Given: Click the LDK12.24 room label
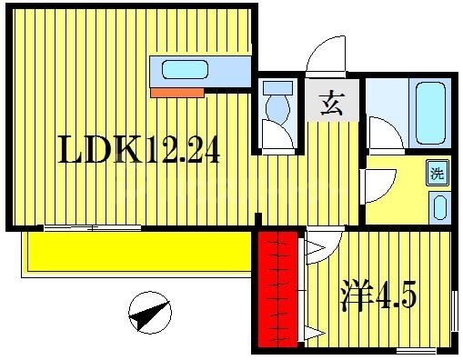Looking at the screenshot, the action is tap(139, 149).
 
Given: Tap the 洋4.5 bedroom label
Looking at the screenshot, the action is tap(378, 295).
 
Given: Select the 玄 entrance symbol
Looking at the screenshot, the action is tap(330, 103).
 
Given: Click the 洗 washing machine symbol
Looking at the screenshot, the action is tap(438, 172).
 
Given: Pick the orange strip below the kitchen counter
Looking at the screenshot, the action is tap(177, 91).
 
